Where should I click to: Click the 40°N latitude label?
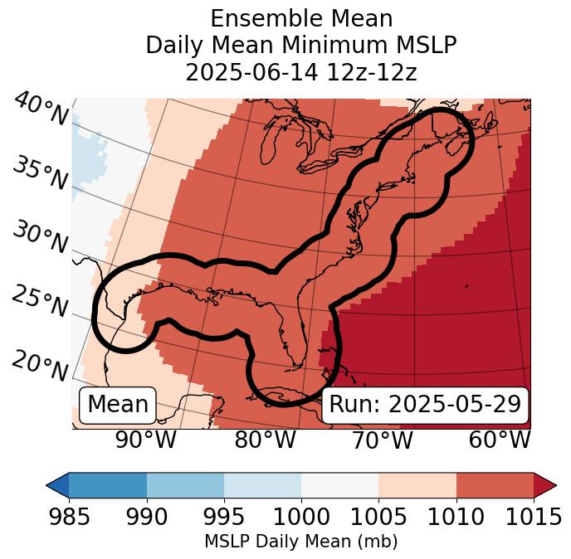point(40,110)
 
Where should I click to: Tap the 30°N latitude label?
point(40,238)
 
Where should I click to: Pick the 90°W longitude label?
point(145,440)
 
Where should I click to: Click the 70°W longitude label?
point(382,440)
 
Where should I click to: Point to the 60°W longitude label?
point(500,440)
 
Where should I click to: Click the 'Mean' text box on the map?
point(118,405)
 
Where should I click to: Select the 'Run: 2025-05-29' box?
point(425,405)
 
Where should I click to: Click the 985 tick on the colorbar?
point(69,518)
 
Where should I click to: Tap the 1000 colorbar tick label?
point(301,518)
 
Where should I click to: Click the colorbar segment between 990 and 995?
point(185,484)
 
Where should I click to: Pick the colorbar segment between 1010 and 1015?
point(495,484)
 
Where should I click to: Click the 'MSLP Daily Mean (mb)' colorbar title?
point(300,542)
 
